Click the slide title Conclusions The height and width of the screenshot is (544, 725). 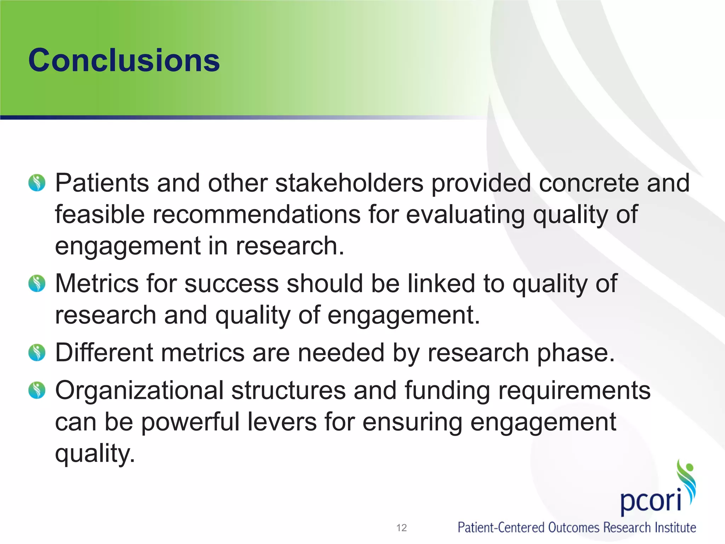124,60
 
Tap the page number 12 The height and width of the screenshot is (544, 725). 401,528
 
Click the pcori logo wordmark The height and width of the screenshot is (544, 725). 651,500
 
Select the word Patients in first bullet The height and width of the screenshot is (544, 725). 102,183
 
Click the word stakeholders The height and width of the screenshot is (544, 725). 349,183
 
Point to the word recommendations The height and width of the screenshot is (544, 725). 256,215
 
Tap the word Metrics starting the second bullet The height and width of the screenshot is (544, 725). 97,284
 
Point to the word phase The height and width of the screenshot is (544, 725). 576,353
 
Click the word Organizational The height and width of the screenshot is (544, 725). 139,391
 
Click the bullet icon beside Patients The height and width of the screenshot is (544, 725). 37,183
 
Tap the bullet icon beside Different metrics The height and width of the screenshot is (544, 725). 37,352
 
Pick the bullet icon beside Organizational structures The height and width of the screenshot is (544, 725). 37,390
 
